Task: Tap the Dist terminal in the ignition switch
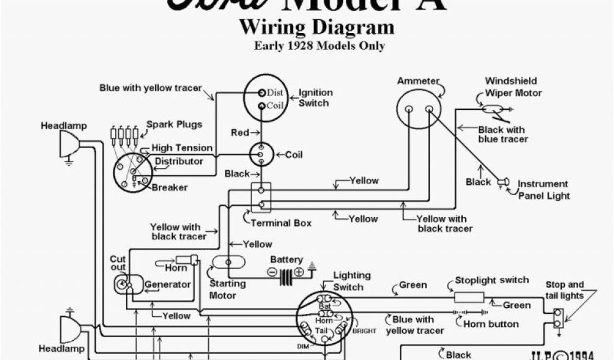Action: point(262,92)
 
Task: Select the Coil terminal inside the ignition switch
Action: point(262,106)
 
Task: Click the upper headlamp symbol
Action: point(68,145)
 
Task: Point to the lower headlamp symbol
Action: point(68,329)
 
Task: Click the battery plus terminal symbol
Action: point(299,272)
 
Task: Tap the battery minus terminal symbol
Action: point(272,272)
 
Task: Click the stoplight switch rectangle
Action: point(469,296)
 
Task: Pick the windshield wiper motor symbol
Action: point(494,109)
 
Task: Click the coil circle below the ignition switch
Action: point(261,154)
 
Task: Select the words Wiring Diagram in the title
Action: point(317,28)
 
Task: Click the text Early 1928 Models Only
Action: point(319,46)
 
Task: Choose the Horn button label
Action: point(491,324)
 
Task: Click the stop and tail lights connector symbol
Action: point(558,318)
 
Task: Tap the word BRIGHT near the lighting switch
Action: point(364,331)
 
